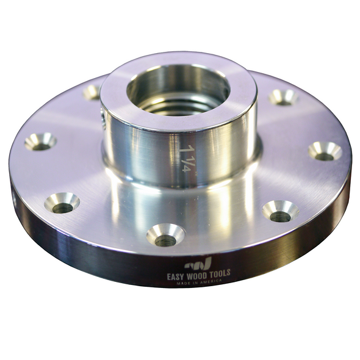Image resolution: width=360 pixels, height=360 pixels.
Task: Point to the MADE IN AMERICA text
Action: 198,282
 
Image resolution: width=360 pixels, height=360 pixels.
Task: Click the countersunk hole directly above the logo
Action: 165,235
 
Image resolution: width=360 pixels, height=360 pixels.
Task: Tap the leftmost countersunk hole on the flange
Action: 40,142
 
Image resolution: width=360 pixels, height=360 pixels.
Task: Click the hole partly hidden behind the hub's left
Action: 93,92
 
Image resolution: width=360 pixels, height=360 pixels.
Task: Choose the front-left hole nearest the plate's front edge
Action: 62,203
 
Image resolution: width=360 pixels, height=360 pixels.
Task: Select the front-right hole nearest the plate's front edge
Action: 280,212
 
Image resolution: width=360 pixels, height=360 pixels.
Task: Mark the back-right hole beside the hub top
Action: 283,96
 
